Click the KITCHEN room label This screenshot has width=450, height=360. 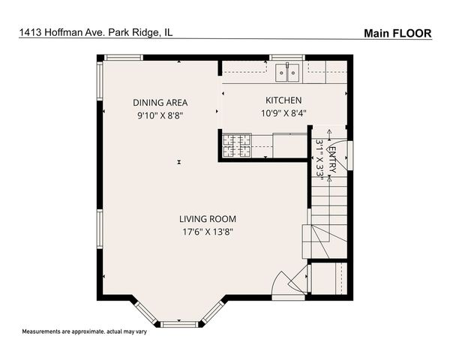click(x=283, y=100)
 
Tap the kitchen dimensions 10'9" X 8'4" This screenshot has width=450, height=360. click(x=283, y=115)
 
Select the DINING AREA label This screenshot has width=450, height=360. click(x=160, y=103)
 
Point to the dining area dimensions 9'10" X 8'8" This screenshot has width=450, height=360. click(x=160, y=116)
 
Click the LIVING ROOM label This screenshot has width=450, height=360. click(x=207, y=219)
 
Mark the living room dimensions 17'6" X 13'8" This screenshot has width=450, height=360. click(x=207, y=232)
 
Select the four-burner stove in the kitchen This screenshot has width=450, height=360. click(x=236, y=144)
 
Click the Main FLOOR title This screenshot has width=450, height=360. click(x=397, y=33)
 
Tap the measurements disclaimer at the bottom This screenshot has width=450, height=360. click(x=84, y=331)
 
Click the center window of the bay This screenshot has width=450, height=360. click(x=180, y=323)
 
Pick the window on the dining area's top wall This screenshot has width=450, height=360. click(x=123, y=57)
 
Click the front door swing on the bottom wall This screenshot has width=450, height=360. click(x=287, y=283)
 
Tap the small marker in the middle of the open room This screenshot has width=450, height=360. click(x=179, y=162)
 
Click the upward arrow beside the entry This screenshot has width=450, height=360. click(x=328, y=136)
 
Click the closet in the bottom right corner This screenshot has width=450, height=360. click(x=329, y=278)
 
